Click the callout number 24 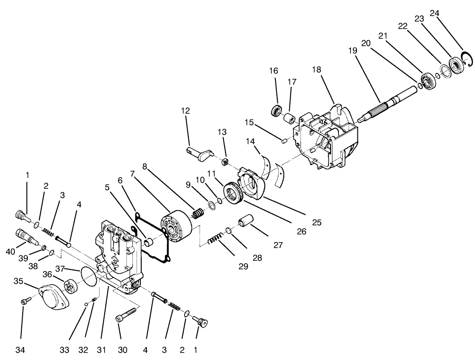click(434, 13)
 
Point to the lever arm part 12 click(199, 153)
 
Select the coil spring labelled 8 click(198, 214)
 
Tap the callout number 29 click(243, 266)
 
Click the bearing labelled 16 click(276, 111)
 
